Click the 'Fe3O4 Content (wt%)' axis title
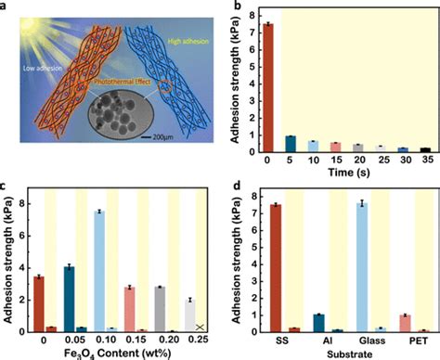[113, 354]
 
